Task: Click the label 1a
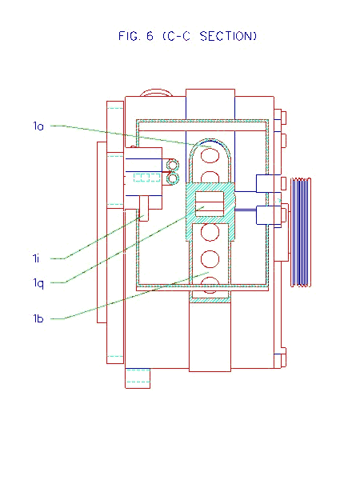(x=38, y=126)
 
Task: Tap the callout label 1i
(x=36, y=258)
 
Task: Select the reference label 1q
(x=38, y=283)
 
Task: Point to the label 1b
(x=38, y=318)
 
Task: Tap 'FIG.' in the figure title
(x=129, y=36)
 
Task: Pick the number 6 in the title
(x=150, y=36)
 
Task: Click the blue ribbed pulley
(x=301, y=232)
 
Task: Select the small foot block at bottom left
(x=138, y=378)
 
